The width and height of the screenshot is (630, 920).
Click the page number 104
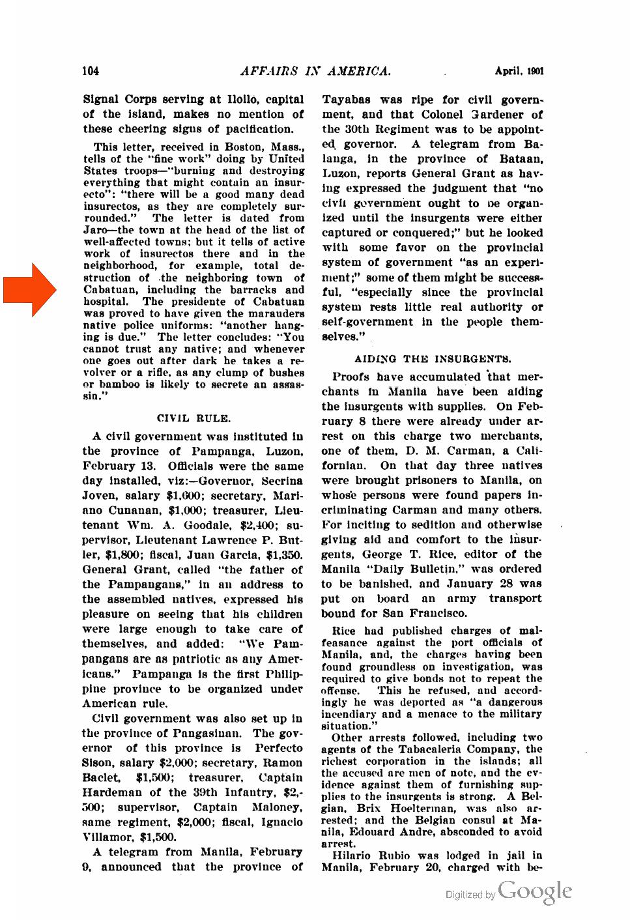(x=91, y=71)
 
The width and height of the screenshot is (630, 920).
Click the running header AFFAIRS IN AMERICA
(x=315, y=71)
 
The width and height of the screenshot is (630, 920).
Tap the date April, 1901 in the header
(x=519, y=71)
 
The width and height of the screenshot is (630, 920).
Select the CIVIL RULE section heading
(x=193, y=418)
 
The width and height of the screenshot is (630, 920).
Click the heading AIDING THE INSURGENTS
(x=433, y=359)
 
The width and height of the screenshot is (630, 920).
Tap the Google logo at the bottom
(x=535, y=891)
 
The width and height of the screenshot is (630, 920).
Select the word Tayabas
(x=346, y=100)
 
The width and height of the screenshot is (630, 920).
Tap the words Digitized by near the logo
(x=470, y=895)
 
